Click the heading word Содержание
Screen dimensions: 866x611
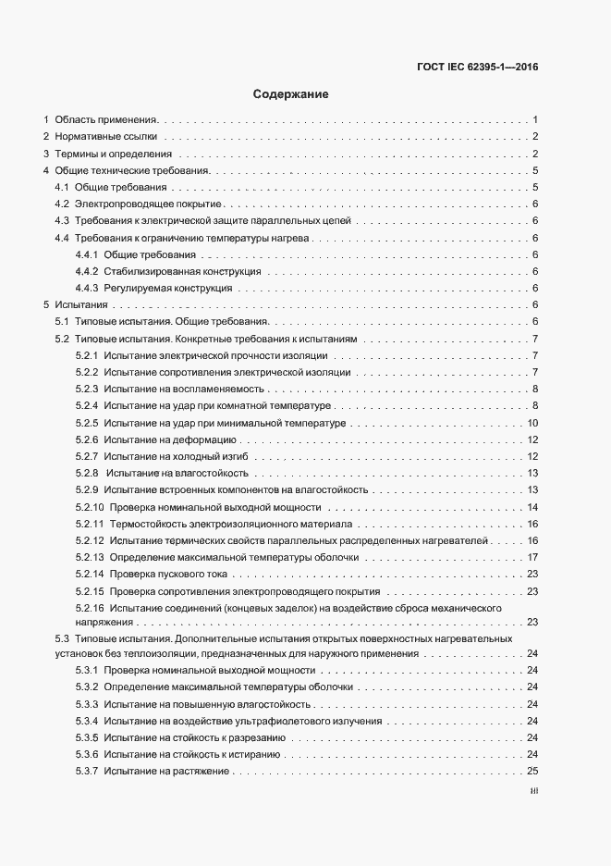290,94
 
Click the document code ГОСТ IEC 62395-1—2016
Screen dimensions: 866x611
472,67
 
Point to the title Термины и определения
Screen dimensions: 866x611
114,154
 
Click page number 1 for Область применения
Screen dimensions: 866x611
535,120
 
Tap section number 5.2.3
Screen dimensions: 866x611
86,389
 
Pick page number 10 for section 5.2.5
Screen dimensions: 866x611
532,423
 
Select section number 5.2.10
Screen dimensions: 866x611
89,507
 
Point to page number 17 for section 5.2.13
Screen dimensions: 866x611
532,557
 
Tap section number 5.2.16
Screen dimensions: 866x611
89,607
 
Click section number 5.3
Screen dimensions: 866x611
63,638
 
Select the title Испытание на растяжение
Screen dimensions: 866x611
166,772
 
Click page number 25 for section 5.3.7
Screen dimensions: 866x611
532,772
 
